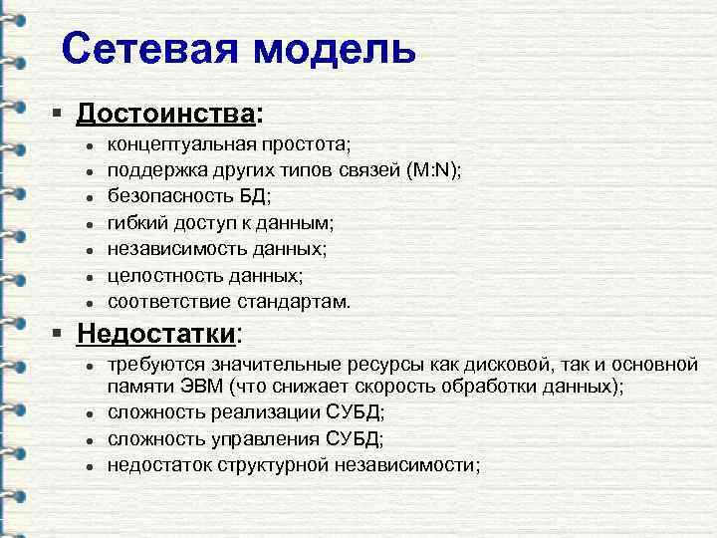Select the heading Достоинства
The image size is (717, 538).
pos(165,116)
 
